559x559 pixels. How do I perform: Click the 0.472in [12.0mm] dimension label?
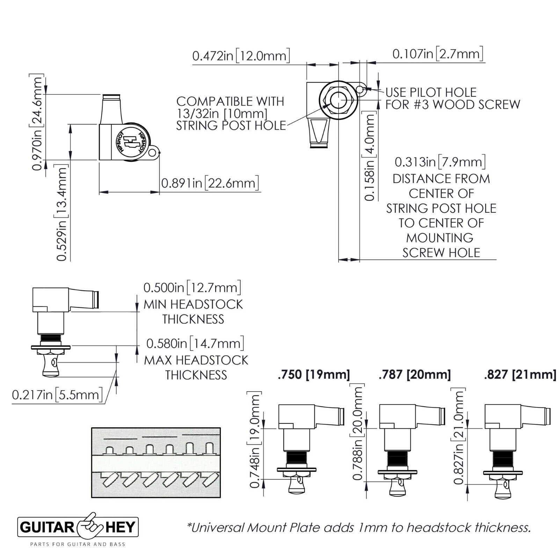pyautogui.click(x=241, y=56)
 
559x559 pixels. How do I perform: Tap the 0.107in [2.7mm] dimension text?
pyautogui.click(x=438, y=54)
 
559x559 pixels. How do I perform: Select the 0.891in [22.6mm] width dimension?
pyautogui.click(x=210, y=183)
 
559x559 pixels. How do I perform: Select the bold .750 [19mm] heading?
pyautogui.click(x=313, y=375)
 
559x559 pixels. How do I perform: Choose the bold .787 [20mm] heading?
pyautogui.click(x=415, y=375)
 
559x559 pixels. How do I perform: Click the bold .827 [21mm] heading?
pyautogui.click(x=520, y=375)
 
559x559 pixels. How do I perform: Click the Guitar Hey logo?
pyautogui.click(x=78, y=527)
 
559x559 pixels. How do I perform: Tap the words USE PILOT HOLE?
pyautogui.click(x=431, y=93)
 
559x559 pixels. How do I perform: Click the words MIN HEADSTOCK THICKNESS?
pyautogui.click(x=193, y=312)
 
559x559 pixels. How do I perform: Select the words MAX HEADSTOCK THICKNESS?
pyautogui.click(x=196, y=367)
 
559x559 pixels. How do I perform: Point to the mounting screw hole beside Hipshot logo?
pyautogui.click(x=152, y=152)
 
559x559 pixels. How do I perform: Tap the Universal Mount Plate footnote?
pyautogui.click(x=359, y=528)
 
